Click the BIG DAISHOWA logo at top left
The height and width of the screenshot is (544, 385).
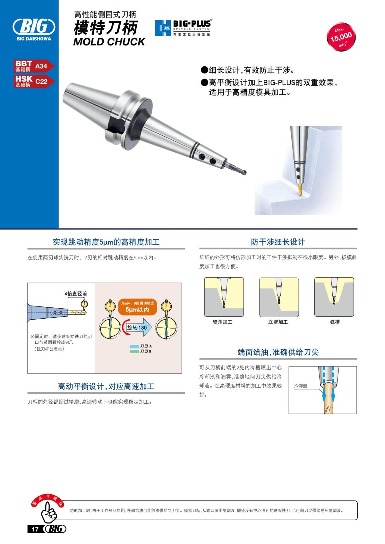pyautogui.click(x=34, y=28)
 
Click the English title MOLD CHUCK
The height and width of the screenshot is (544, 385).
pyautogui.click(x=109, y=42)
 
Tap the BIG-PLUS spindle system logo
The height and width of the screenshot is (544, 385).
pyautogui.click(x=183, y=28)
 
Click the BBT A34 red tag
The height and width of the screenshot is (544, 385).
pyautogui.click(x=34, y=66)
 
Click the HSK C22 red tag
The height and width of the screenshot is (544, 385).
pyautogui.click(x=34, y=81)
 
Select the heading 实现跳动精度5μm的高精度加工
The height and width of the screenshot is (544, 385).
pyautogui.click(x=106, y=242)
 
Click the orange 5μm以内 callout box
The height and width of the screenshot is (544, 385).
pyautogui.click(x=137, y=307)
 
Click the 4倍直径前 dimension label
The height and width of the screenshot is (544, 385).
pyautogui.click(x=76, y=294)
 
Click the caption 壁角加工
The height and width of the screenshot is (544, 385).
pyautogui.click(x=222, y=322)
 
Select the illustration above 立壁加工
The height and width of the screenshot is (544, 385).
pyautogui.click(x=279, y=297)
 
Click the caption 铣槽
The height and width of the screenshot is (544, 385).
pyautogui.click(x=335, y=322)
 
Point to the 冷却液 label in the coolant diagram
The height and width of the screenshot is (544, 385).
pyautogui.click(x=301, y=386)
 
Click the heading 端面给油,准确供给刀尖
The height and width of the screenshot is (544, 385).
pyautogui.click(x=278, y=352)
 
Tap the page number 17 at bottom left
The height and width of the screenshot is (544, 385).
pyautogui.click(x=35, y=529)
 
